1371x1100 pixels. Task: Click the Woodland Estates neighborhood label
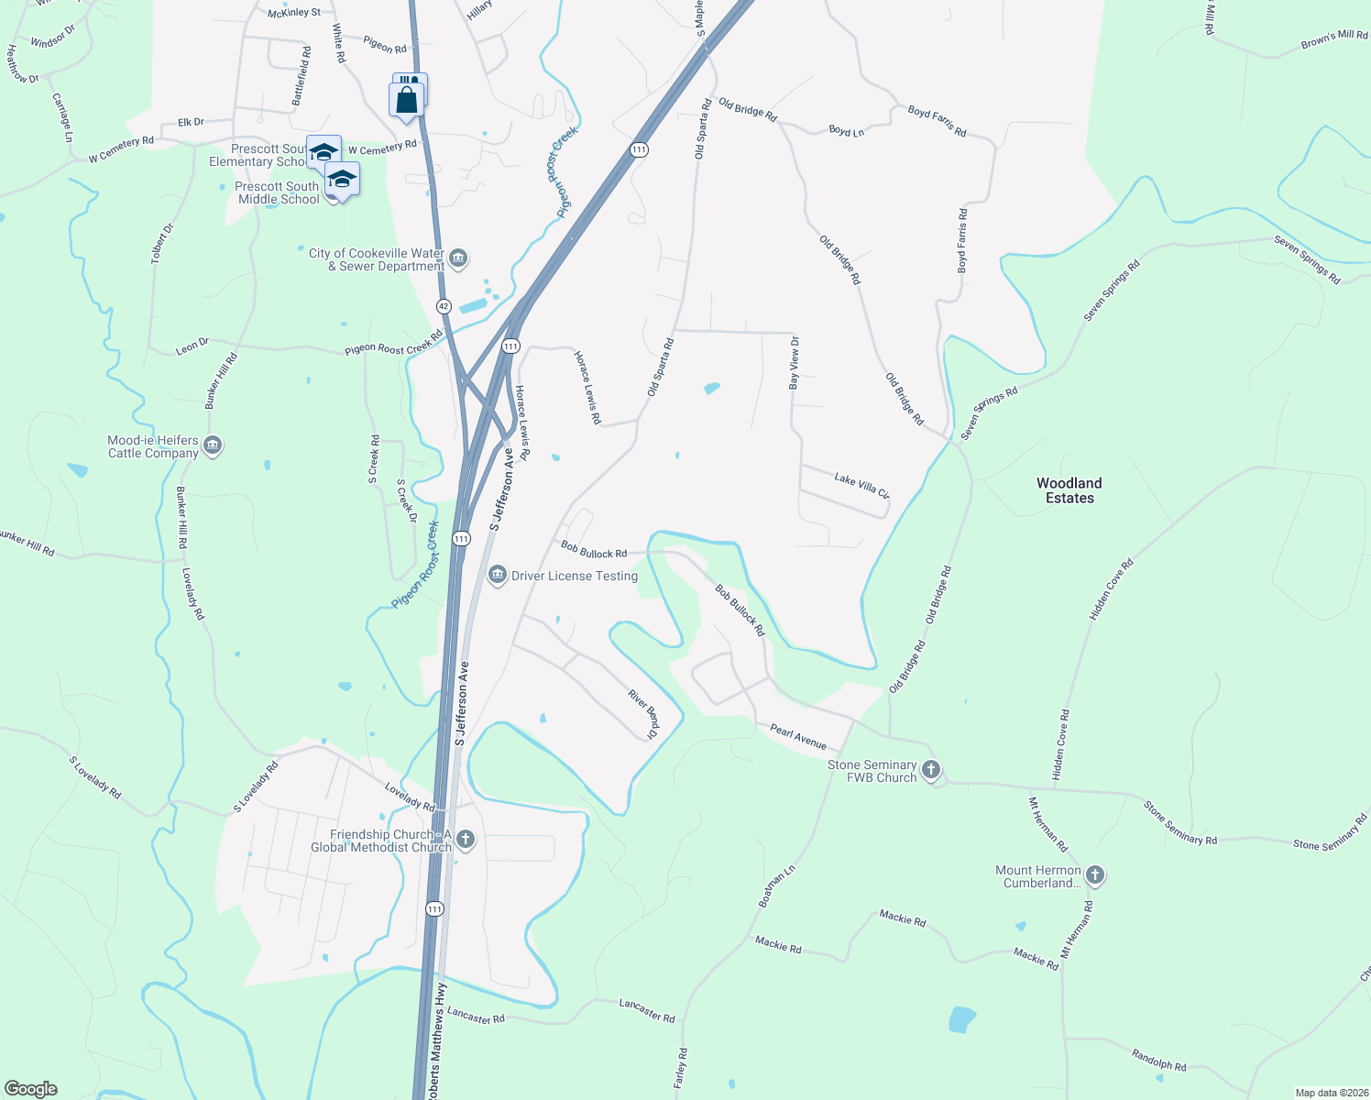coord(1069,490)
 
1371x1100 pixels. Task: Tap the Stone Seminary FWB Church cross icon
coord(931,770)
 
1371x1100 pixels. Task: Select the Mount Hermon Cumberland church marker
coord(1094,875)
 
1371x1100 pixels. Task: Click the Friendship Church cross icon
coord(466,840)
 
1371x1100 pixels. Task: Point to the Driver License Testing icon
coord(498,576)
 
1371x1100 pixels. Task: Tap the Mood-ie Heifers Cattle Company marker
coord(213,446)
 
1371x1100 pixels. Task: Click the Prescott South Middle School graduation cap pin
coord(342,180)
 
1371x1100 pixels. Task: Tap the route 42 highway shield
coord(444,305)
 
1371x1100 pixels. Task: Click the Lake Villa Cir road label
coord(861,485)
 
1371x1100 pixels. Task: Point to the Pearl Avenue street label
coord(798,737)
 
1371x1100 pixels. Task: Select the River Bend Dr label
coord(643,714)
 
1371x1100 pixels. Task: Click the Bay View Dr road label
coord(795,363)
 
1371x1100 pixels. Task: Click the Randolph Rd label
coord(1158,1060)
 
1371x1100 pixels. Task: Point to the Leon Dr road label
coord(192,346)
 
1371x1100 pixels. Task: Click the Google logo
coord(30,1089)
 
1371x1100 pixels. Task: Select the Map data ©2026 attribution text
coord(1329,1093)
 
